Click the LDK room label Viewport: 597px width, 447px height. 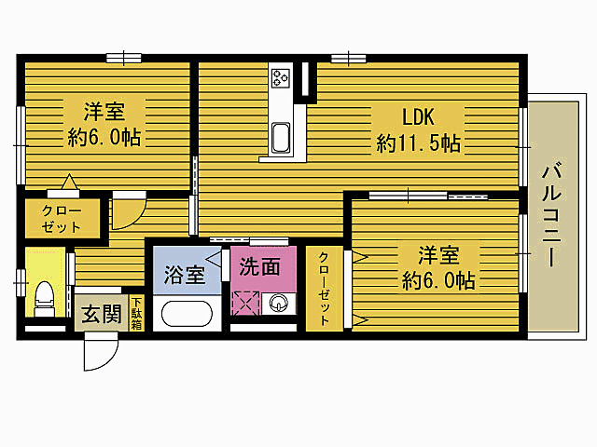tap(418, 116)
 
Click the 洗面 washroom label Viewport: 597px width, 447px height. tap(259, 266)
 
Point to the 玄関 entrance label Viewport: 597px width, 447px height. tap(102, 314)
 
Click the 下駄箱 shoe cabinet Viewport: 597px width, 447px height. tap(136, 313)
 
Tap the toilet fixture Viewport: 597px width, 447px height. tap(43, 299)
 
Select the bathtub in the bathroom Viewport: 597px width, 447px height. tap(187, 314)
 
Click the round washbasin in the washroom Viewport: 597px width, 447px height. tap(278, 303)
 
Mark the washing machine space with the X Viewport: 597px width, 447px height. tap(245, 303)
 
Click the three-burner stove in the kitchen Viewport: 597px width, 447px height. tap(281, 78)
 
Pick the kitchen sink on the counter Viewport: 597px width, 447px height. tap(281, 138)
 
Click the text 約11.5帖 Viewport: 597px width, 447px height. tap(418, 143)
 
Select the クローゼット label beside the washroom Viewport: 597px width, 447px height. tap(324, 289)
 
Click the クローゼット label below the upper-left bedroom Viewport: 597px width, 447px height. tap(62, 219)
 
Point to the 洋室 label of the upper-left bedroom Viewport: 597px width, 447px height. tap(104, 112)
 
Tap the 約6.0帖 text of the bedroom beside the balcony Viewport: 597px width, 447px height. tap(438, 280)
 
